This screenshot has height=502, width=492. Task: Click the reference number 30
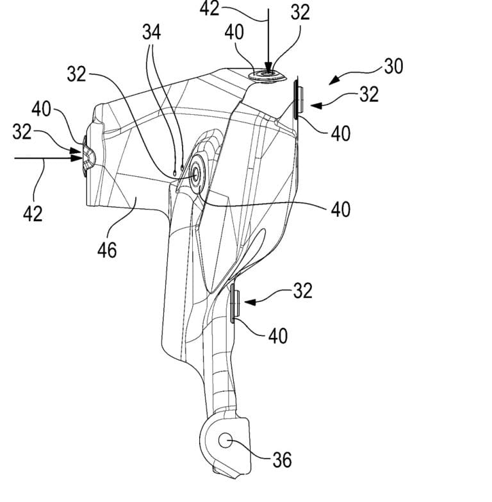point(393,65)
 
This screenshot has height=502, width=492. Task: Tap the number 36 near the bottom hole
point(281,459)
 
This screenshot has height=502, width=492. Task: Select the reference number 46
point(107,249)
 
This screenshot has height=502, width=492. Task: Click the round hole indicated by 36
point(226,440)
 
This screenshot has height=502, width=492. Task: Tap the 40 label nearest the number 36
point(274,335)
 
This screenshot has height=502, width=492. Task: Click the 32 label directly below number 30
point(368,94)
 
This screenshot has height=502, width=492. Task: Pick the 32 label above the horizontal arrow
point(22,133)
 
